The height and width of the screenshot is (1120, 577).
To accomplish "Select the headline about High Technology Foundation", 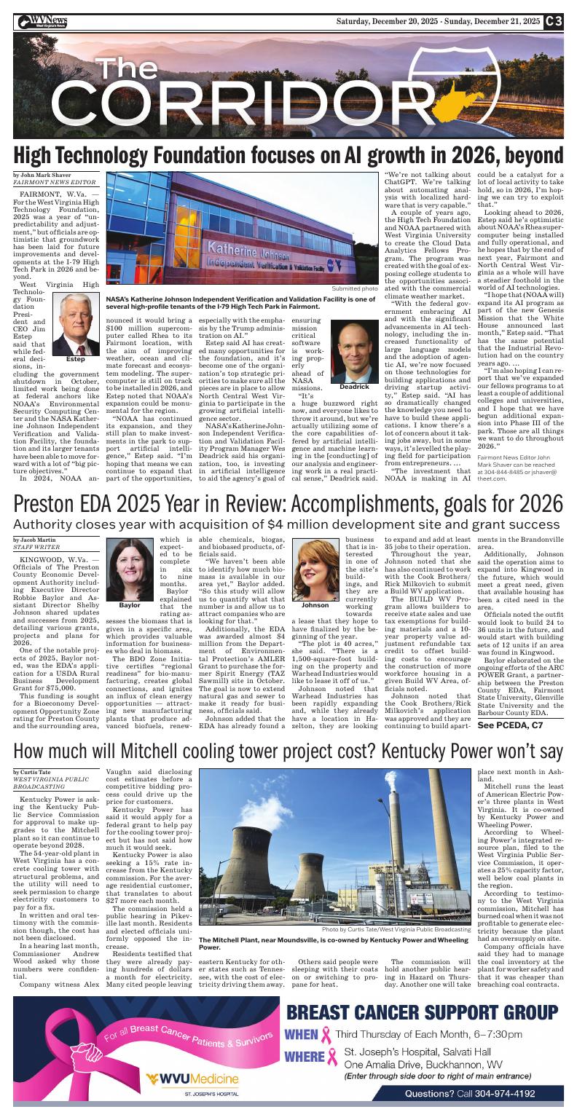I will pyautogui.click(x=288, y=155).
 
